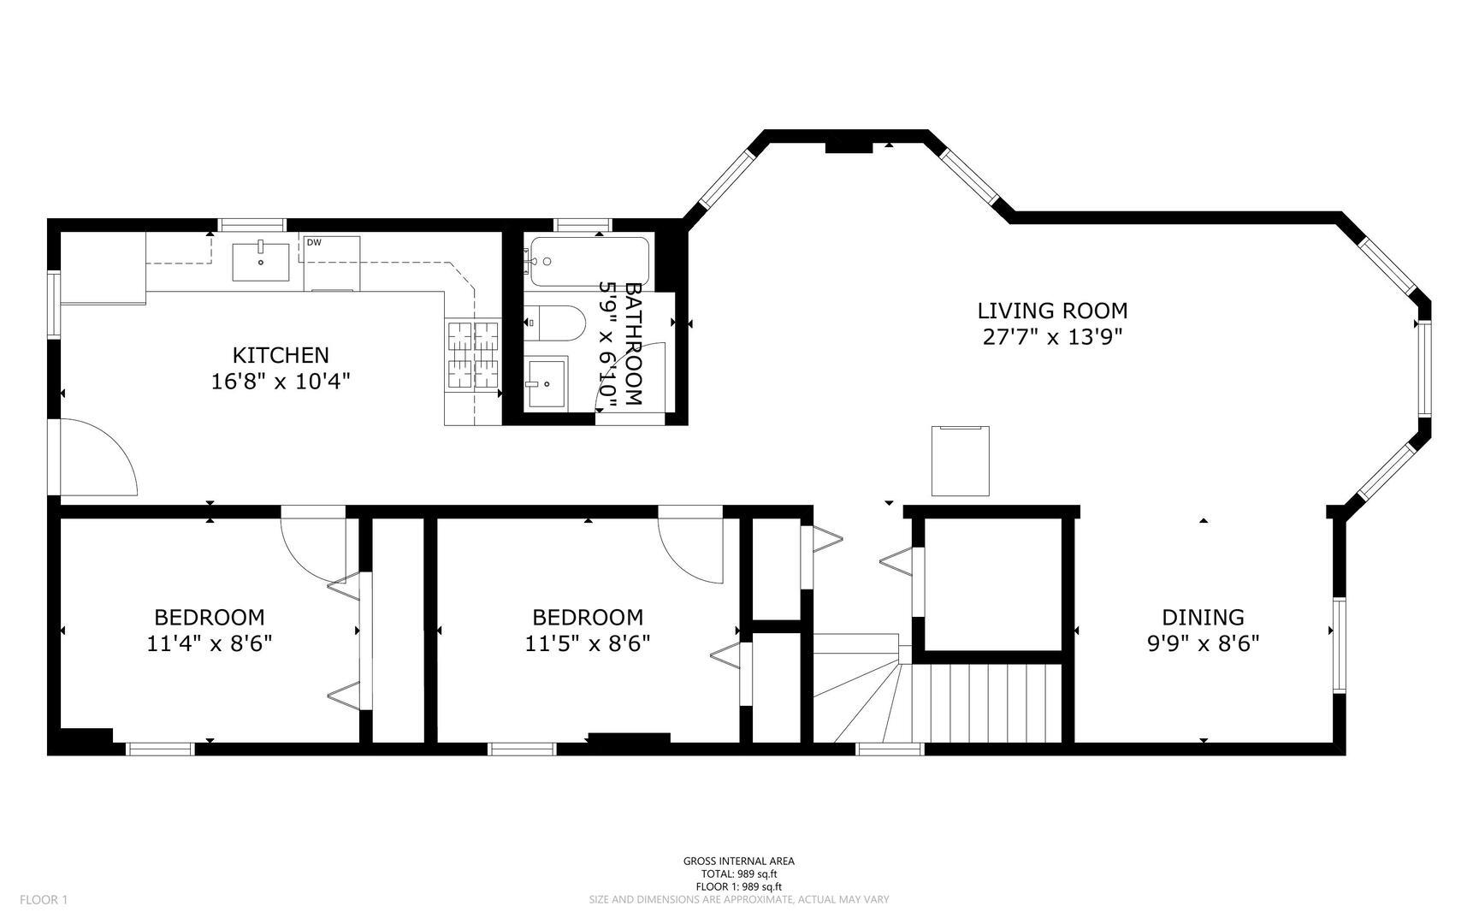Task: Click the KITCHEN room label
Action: point(281,354)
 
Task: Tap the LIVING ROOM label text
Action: point(1052,311)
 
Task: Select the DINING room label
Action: point(1203,617)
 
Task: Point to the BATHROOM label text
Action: point(634,343)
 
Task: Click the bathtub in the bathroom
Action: point(589,261)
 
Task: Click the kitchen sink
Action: point(261,261)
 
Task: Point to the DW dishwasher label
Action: point(314,243)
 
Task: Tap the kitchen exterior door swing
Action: point(98,457)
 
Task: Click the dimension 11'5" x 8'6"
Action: point(588,643)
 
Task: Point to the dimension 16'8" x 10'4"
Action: point(281,381)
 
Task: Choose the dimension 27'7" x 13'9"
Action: point(1052,337)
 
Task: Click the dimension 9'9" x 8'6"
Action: point(1203,643)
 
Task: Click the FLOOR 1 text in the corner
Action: point(44,899)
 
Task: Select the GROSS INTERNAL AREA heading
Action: point(739,862)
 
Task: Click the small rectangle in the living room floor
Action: point(961,460)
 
